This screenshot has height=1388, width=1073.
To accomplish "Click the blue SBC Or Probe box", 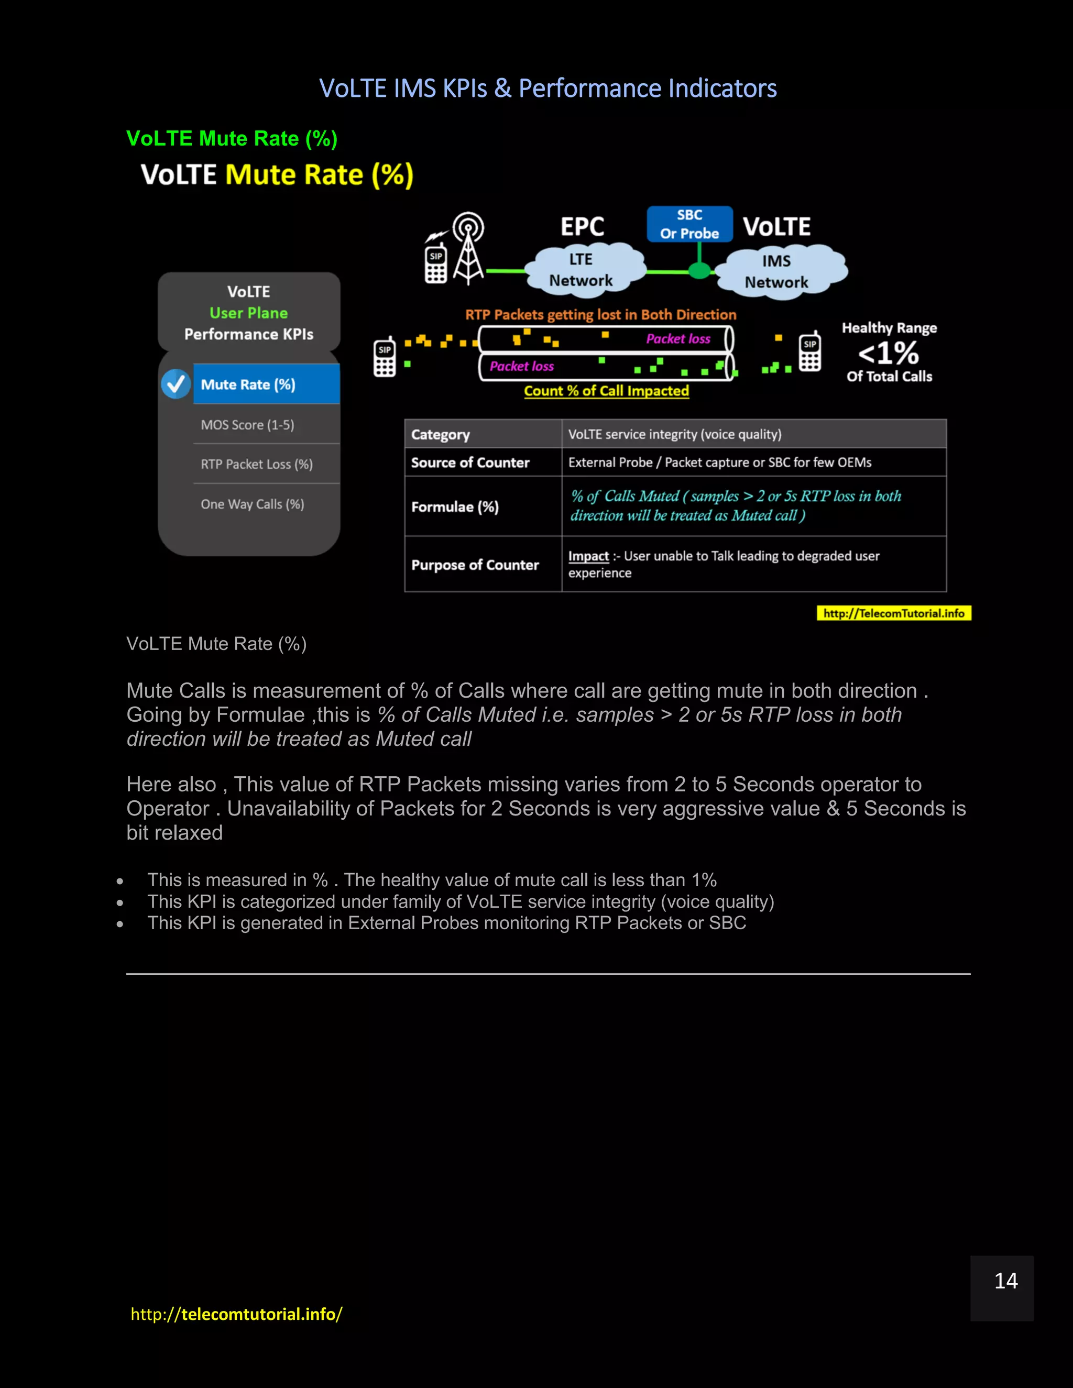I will tap(689, 224).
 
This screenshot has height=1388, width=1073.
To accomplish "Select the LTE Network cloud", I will tap(581, 269).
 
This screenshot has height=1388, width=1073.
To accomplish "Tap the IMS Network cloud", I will tap(777, 271).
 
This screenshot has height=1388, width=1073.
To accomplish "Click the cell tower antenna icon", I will tap(468, 248).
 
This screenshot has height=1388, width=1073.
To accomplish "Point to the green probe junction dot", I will tap(699, 271).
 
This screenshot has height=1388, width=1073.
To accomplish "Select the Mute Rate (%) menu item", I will tap(266, 384).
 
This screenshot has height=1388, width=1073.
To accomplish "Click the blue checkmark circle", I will tap(176, 384).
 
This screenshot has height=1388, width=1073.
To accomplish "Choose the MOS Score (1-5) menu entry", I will tap(248, 425).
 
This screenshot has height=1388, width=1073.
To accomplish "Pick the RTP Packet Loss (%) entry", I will tap(257, 464).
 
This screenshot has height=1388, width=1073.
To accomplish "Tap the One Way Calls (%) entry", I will tap(253, 504).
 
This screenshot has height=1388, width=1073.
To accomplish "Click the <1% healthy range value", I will tap(888, 354).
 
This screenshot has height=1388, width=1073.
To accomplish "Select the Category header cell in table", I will tap(441, 435).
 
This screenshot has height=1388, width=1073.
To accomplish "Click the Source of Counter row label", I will tap(470, 462).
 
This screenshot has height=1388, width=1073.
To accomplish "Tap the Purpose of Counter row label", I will tap(475, 565).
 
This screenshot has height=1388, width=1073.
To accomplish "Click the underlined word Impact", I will tap(588, 556).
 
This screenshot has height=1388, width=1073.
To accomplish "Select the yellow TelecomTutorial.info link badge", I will tap(894, 613).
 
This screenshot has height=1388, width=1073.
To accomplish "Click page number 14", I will tap(1005, 1281).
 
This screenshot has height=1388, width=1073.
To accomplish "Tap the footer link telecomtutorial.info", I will tap(236, 1314).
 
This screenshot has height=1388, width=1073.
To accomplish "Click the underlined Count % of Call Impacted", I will tap(606, 391).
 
